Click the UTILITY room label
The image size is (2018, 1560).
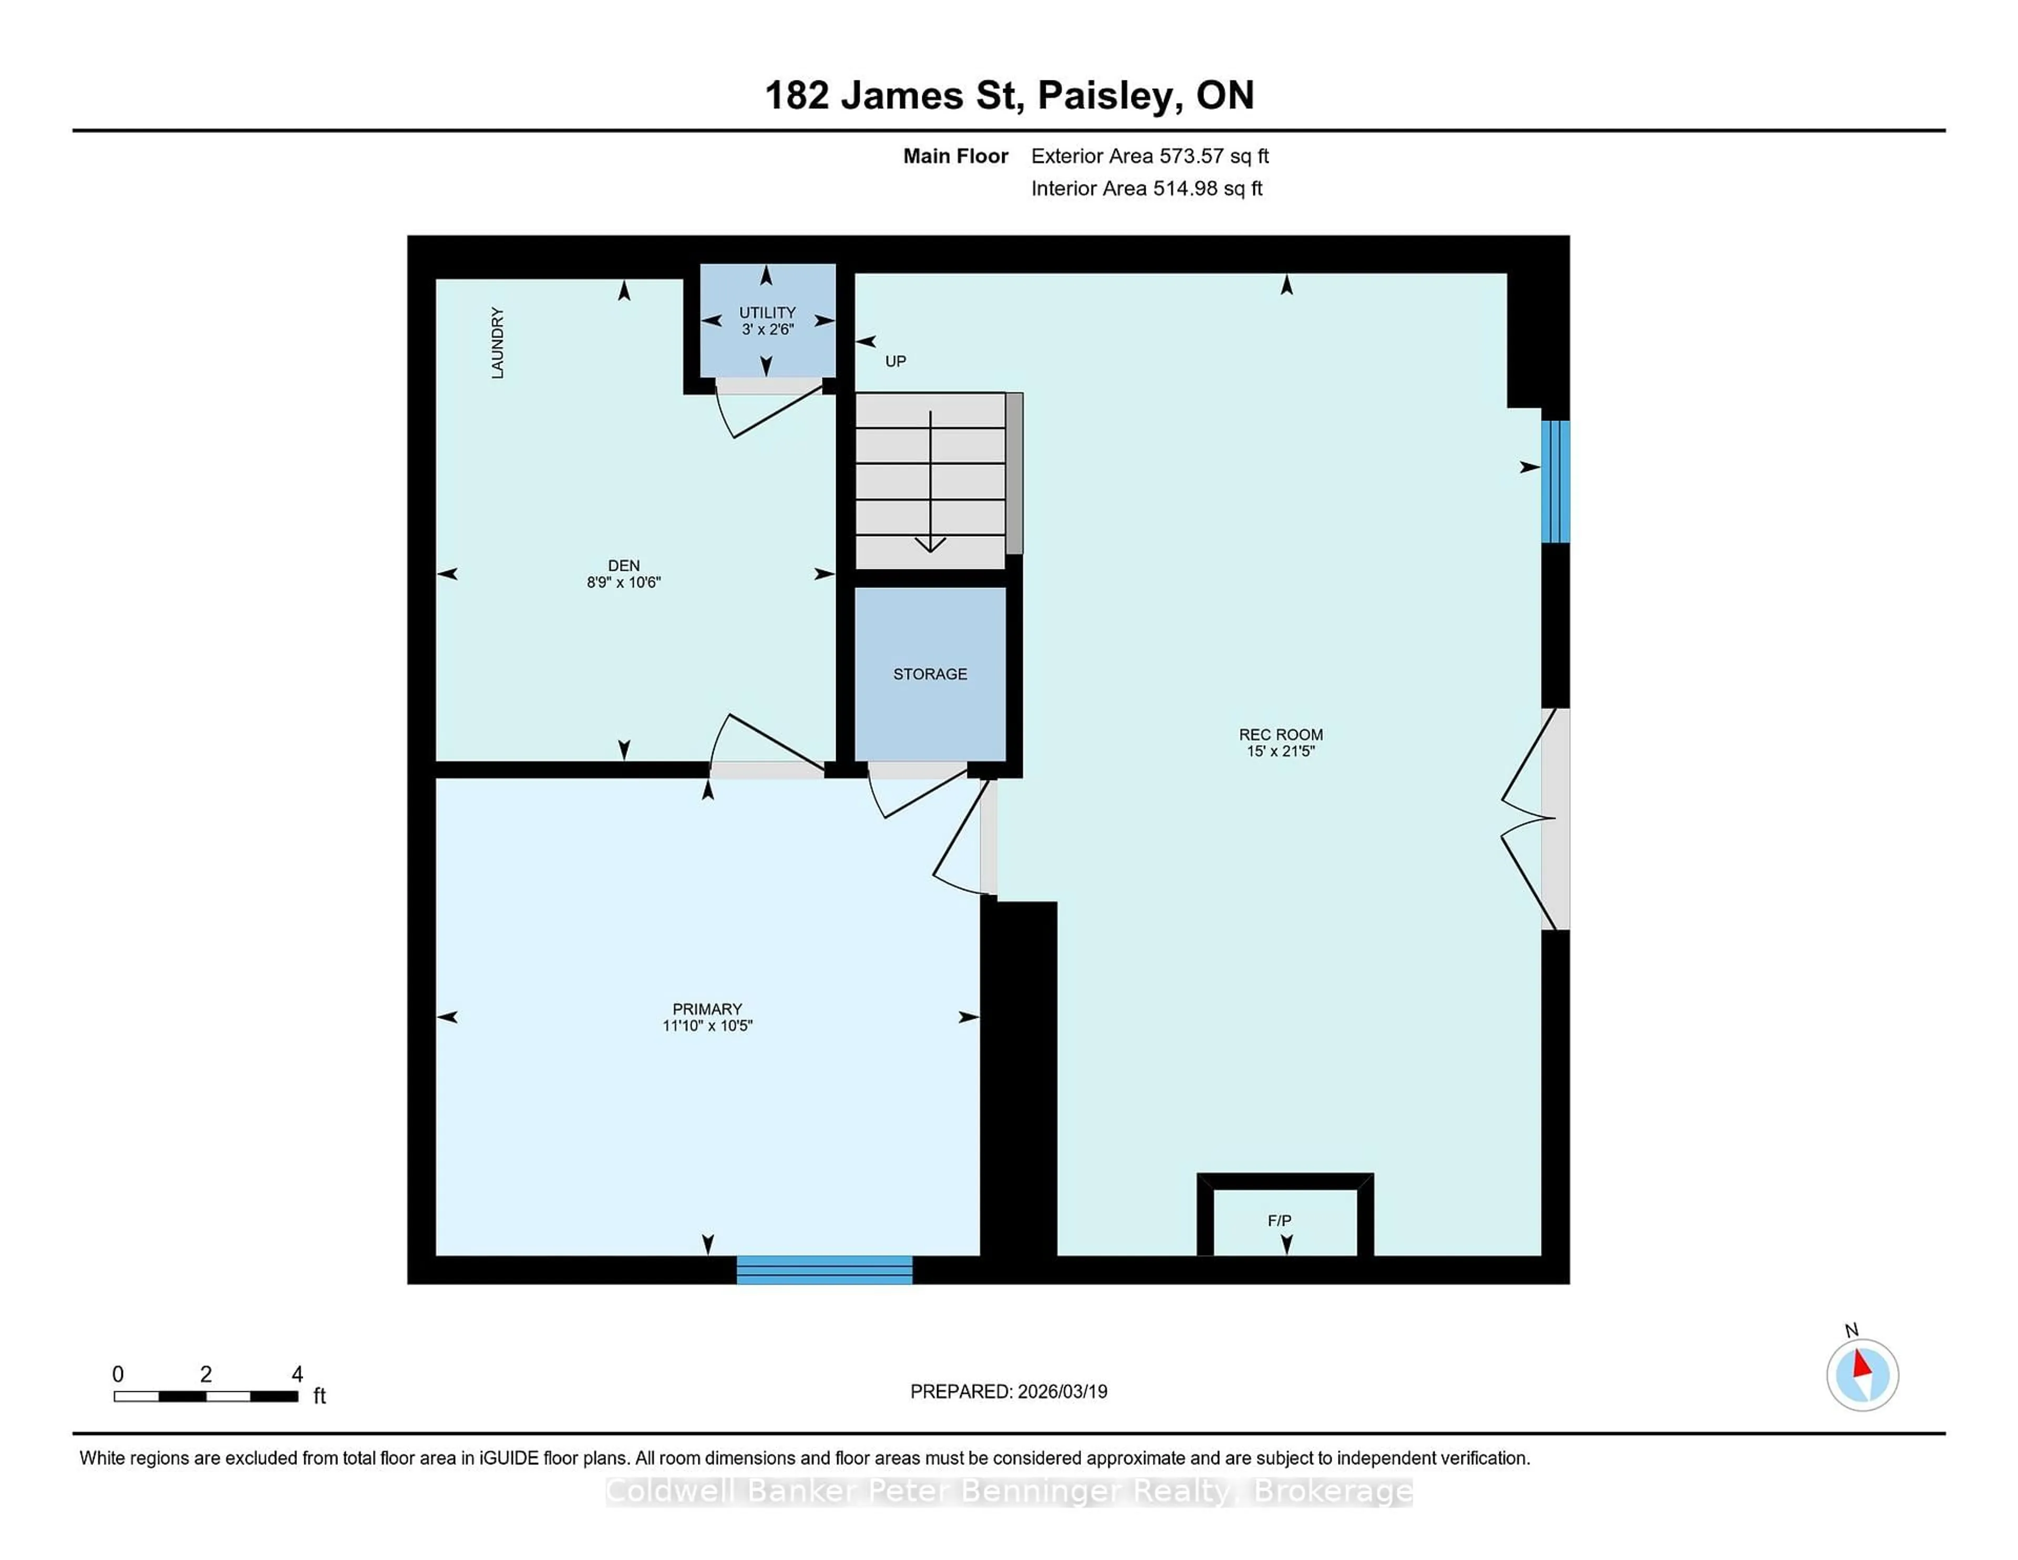tap(767, 312)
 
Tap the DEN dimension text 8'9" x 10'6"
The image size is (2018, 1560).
tap(624, 582)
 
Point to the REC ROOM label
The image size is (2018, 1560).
tap(1281, 735)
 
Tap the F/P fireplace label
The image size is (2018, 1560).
tap(1279, 1221)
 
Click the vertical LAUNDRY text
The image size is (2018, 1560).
tap(497, 343)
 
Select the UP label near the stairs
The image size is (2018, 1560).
tap(895, 361)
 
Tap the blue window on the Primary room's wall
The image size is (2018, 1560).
tap(824, 1270)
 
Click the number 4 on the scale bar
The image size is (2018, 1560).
tap(297, 1374)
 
